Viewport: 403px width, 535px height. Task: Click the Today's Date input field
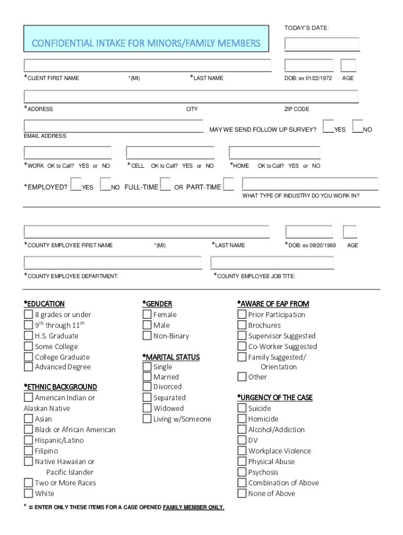coord(322,44)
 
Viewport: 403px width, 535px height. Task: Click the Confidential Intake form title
coord(146,43)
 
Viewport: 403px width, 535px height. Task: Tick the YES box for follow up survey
coord(329,126)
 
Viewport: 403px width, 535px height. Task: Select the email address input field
coord(113,126)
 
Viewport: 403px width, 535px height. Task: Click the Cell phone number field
coord(170,153)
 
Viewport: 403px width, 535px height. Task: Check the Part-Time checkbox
coord(228,184)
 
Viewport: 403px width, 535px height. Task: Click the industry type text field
coord(310,184)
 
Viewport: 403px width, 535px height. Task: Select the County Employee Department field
coord(113,263)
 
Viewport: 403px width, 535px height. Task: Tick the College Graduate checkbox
coord(28,357)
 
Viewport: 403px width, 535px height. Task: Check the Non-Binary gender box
coord(147,336)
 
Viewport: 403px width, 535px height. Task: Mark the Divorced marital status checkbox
coord(147,387)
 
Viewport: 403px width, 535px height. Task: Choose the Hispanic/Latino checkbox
coord(28,440)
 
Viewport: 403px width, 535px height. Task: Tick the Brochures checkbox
coord(242,325)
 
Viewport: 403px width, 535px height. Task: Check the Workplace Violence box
coord(242,451)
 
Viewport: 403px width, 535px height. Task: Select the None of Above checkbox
coord(242,494)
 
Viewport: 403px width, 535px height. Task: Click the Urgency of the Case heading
coord(275,398)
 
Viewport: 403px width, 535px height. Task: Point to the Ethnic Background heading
coord(60,387)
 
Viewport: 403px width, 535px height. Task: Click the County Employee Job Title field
coord(272,263)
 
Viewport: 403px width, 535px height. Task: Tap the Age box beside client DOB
coord(348,65)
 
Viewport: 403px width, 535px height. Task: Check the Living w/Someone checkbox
coord(147,419)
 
